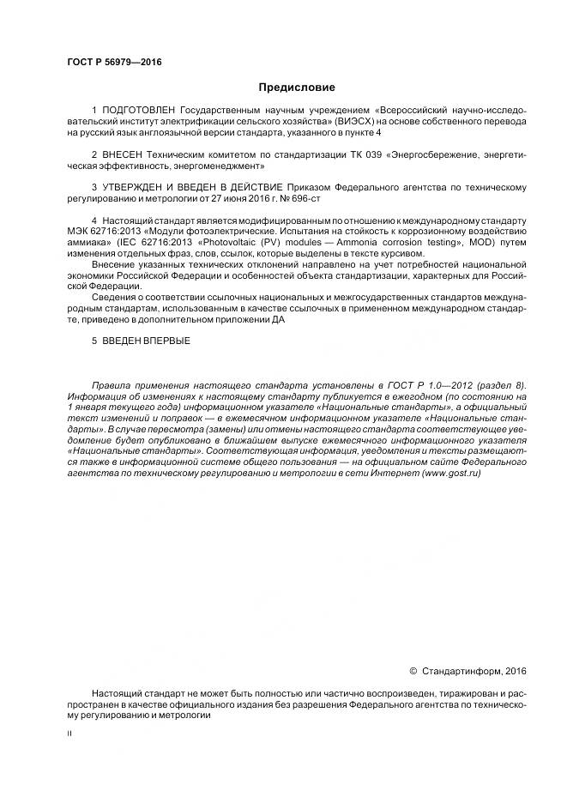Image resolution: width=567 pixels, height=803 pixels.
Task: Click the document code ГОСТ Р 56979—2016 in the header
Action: coord(114,63)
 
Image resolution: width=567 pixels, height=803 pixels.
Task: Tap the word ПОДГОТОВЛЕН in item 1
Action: coord(137,112)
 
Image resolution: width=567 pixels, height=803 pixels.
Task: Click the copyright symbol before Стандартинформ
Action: coord(413,671)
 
